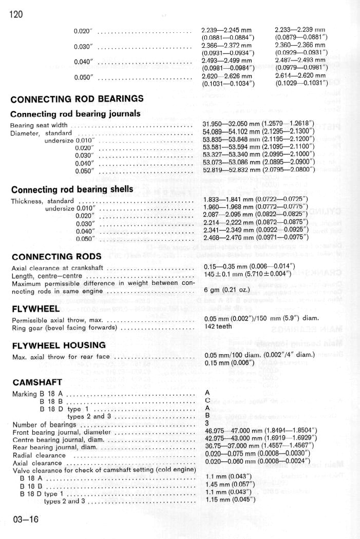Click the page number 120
[16, 14]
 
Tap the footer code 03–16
[25, 519]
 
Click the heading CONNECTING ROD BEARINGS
[77, 99]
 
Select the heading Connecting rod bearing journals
[75, 114]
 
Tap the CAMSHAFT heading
[37, 382]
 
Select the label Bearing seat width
[39, 125]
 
